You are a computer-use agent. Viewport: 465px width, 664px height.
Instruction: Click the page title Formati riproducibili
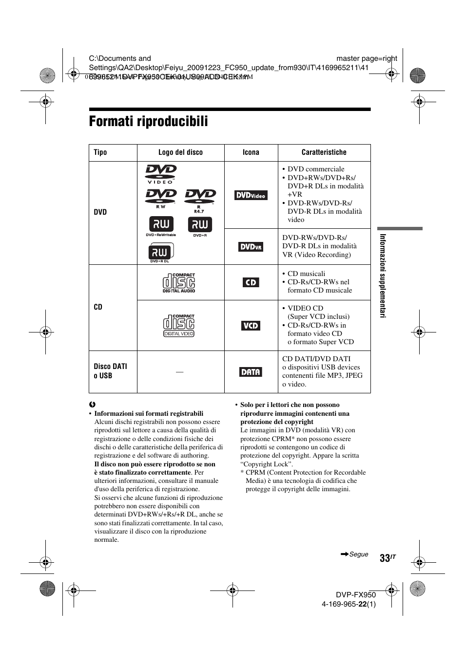pos(149,122)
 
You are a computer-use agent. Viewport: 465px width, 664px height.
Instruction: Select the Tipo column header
pos(100,152)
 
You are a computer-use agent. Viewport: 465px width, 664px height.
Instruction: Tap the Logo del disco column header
pos(180,152)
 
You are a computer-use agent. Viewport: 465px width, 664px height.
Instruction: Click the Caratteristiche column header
pos(324,152)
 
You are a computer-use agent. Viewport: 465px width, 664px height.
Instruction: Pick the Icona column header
pos(251,152)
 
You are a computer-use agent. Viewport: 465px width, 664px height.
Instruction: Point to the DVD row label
pos(100,212)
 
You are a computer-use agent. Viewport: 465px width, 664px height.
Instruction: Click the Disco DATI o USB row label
pos(110,371)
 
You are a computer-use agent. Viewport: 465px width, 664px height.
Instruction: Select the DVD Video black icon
pos(251,195)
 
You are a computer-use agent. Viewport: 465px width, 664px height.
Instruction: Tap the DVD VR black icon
pos(251,247)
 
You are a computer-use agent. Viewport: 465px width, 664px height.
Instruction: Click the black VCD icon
pos(251,326)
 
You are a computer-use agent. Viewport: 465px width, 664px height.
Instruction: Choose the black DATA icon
pos(251,372)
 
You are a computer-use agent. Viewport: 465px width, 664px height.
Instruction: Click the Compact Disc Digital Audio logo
pos(179,283)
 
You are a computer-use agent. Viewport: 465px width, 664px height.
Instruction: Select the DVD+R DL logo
pos(160,253)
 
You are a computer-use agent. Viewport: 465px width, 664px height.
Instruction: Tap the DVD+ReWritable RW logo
pos(161,226)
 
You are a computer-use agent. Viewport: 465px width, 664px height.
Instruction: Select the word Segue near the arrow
pos(359,554)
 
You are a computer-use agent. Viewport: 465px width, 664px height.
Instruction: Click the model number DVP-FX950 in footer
pos(356,595)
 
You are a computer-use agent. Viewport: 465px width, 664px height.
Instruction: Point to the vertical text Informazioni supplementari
pos(383,276)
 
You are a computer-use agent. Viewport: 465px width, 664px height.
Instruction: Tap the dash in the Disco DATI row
pos(180,372)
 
